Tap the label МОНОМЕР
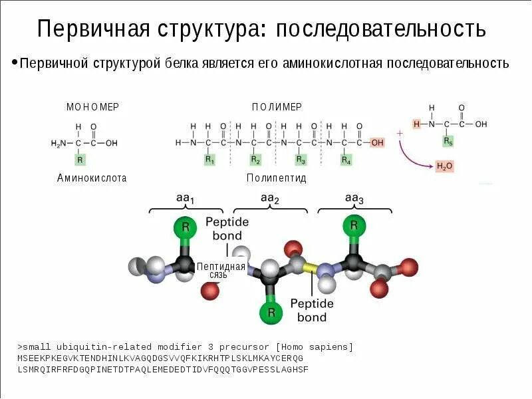pos(92,107)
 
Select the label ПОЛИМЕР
pos(277,107)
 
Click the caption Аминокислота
pos(92,178)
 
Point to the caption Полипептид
pos(276,178)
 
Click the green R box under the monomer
pos(80,160)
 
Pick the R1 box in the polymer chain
pos(209,160)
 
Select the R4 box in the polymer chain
pos(346,160)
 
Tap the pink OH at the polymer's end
pos(377,142)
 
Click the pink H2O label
pos(444,166)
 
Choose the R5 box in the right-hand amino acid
pos(448,142)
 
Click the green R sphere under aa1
pos(186,227)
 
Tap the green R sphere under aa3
pos(353,227)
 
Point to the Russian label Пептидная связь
pos(221,270)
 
